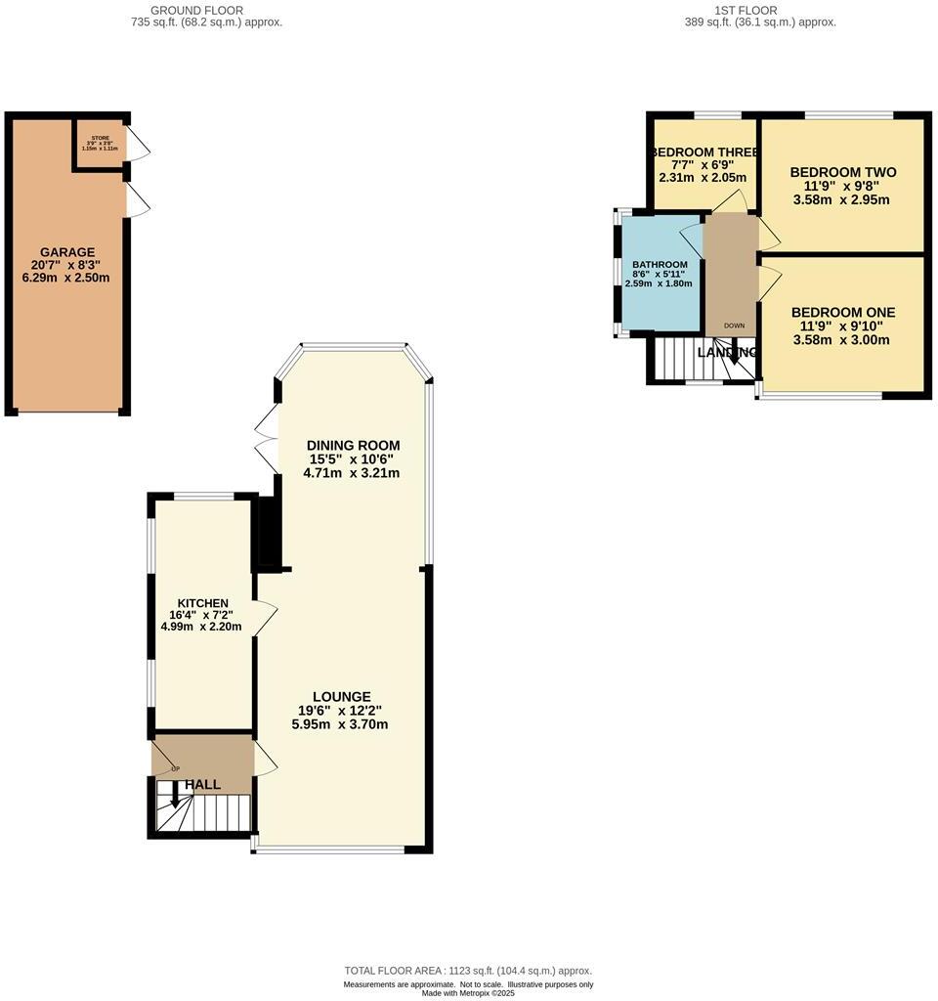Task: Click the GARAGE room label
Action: pos(67,251)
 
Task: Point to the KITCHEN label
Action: pos(202,603)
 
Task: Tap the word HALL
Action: pos(202,784)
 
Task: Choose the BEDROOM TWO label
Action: pos(842,173)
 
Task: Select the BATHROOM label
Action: pos(660,265)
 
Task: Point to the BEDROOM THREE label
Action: pos(703,152)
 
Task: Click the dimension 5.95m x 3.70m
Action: pos(340,724)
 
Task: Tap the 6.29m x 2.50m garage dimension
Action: pos(67,278)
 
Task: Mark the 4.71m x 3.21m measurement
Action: pos(338,473)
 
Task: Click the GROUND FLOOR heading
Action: pos(207,10)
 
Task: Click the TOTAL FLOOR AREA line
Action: pos(468,970)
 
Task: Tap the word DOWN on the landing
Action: pos(734,325)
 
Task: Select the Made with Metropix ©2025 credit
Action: pos(468,993)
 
